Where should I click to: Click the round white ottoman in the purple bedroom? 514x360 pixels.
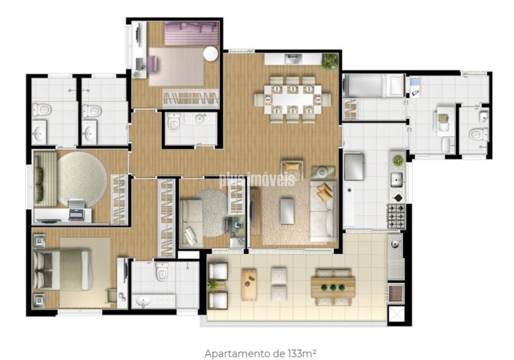[x=210, y=54]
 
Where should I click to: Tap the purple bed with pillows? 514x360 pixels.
[x=192, y=34]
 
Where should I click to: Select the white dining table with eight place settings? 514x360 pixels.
[x=293, y=99]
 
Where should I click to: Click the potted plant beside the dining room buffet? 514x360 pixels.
[x=330, y=61]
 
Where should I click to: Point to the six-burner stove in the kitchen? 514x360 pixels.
[x=396, y=216]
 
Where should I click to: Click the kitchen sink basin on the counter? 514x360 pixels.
[x=397, y=180]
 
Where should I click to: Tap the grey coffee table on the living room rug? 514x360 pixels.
[x=287, y=211]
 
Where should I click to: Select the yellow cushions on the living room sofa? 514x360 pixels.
[x=324, y=192]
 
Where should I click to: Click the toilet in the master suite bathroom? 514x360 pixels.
[x=162, y=271]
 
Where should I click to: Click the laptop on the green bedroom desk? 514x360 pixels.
[x=77, y=210]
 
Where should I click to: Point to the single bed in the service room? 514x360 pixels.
[x=373, y=85]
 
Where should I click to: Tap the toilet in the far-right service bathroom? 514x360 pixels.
[x=479, y=134]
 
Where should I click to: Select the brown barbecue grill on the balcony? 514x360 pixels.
[x=396, y=293]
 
